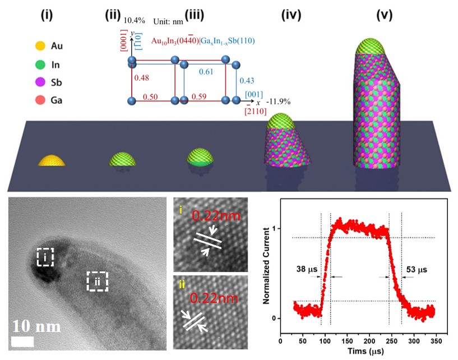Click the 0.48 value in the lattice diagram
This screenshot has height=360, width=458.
(141, 77)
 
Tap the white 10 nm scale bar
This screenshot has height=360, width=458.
(22, 341)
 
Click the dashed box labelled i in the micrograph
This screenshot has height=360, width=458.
(44, 257)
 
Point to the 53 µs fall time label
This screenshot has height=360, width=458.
(416, 268)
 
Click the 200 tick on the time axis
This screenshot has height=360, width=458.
(369, 340)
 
